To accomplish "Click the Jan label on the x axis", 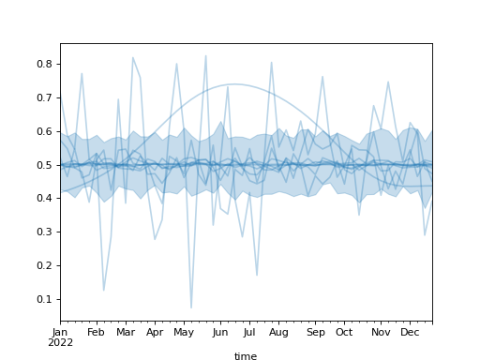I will coord(60,332).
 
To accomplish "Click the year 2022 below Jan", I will coord(60,342).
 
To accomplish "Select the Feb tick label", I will coord(96,332).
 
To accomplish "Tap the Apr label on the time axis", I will coord(156,332).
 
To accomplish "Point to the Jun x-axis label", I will coord(220,332).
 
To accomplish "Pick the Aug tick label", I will coord(278,332).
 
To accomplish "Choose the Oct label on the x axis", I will coord(344,332).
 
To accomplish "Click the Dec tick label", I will coord(410,332).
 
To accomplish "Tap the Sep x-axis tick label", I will coord(315,332).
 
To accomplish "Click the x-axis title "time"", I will coord(246,356).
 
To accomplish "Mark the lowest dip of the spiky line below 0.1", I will coord(191,307).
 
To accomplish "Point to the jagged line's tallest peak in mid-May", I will coord(206,55).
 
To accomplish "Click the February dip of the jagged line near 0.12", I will coord(103,291).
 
